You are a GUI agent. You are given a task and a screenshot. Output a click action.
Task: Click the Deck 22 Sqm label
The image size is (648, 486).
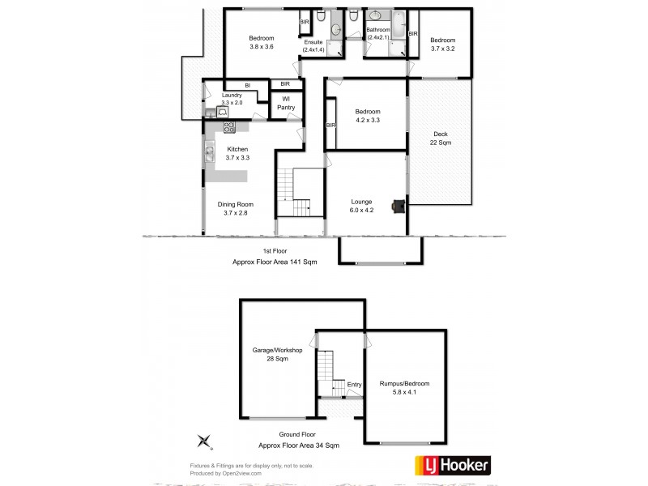tap(440, 138)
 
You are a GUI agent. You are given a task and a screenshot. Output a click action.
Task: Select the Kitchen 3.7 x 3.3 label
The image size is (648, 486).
tap(237, 154)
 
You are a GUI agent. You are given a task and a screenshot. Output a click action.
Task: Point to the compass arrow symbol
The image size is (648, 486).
tap(205, 441)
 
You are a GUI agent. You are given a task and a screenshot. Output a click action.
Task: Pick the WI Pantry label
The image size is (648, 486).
tap(285, 104)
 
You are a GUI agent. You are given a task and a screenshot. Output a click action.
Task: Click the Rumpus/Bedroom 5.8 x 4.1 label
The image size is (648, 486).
tap(404, 388)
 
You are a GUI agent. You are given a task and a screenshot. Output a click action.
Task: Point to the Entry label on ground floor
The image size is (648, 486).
tap(354, 384)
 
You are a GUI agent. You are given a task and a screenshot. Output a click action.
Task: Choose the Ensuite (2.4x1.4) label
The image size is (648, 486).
tap(313, 46)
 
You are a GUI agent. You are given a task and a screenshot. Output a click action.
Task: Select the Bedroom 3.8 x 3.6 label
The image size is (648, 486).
tap(261, 43)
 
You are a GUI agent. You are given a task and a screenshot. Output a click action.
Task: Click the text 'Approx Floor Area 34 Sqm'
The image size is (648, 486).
tap(298, 446)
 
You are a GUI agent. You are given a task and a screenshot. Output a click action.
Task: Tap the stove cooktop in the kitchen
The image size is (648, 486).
tap(229, 126)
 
